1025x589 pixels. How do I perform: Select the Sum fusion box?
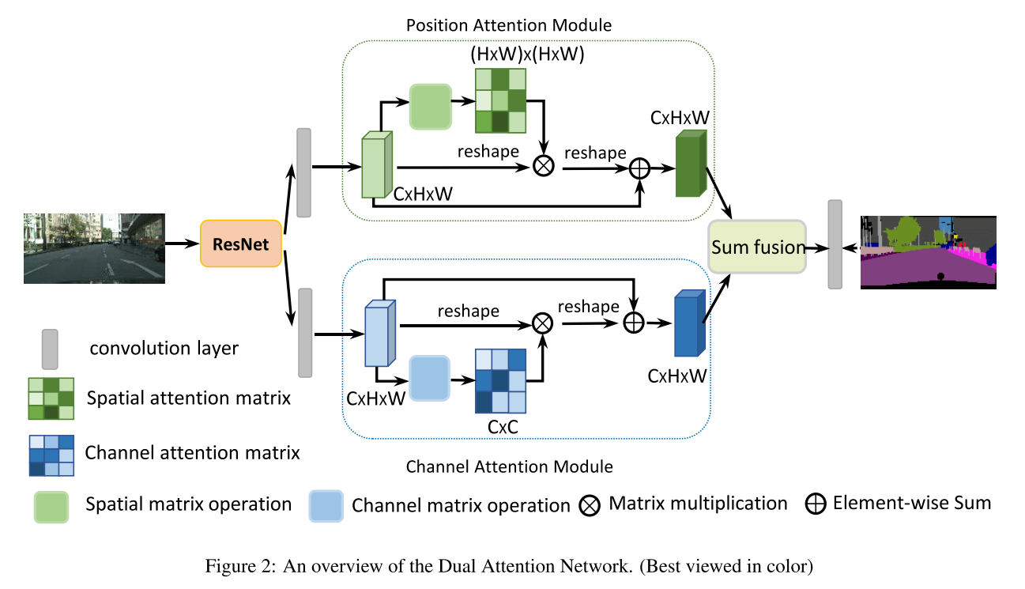pos(757,247)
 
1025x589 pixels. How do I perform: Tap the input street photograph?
pos(94,247)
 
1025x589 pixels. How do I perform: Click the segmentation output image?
pos(928,251)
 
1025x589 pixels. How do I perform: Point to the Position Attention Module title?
pos(508,25)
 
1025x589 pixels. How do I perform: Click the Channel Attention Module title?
pos(509,466)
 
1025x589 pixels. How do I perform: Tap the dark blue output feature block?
pos(688,324)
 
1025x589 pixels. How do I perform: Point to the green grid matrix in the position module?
pos(500,100)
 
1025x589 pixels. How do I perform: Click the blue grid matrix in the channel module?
pos(499,380)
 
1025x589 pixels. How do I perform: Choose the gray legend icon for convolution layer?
pos(50,349)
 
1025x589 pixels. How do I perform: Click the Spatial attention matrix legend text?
pos(188,398)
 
